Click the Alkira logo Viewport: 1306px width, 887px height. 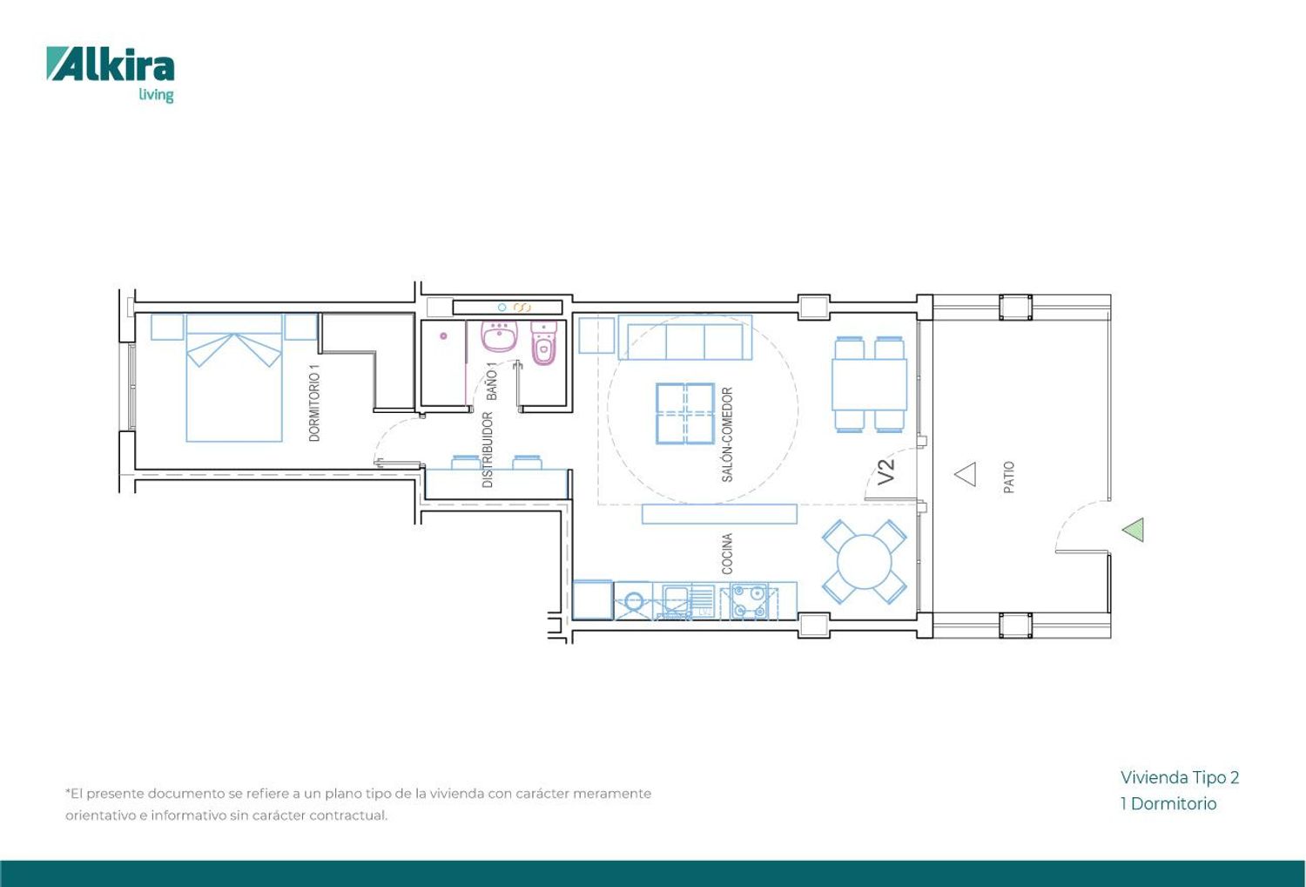(x=111, y=74)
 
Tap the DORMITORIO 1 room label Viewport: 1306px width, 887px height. (x=314, y=403)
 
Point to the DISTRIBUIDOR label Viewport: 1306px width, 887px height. (x=488, y=450)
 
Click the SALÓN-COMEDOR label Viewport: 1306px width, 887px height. (x=727, y=435)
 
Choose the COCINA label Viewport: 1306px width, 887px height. (x=726, y=553)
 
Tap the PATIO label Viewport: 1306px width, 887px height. (x=1008, y=477)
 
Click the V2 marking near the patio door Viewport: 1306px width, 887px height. (x=885, y=471)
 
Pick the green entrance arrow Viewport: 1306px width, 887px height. (x=1133, y=530)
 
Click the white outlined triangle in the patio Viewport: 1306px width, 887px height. (x=966, y=474)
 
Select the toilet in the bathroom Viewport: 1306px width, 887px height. (x=544, y=343)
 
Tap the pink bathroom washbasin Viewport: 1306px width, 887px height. (x=499, y=336)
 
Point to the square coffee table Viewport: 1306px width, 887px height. (x=685, y=413)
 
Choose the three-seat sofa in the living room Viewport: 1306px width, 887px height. (x=685, y=337)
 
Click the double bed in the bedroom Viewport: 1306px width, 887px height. (x=234, y=377)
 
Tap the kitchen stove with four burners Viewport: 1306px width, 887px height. (x=750, y=601)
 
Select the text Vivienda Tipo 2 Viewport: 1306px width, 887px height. (x=1180, y=778)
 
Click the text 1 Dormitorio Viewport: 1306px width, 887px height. (x=1168, y=803)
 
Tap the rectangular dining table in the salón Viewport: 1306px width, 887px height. (x=869, y=384)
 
